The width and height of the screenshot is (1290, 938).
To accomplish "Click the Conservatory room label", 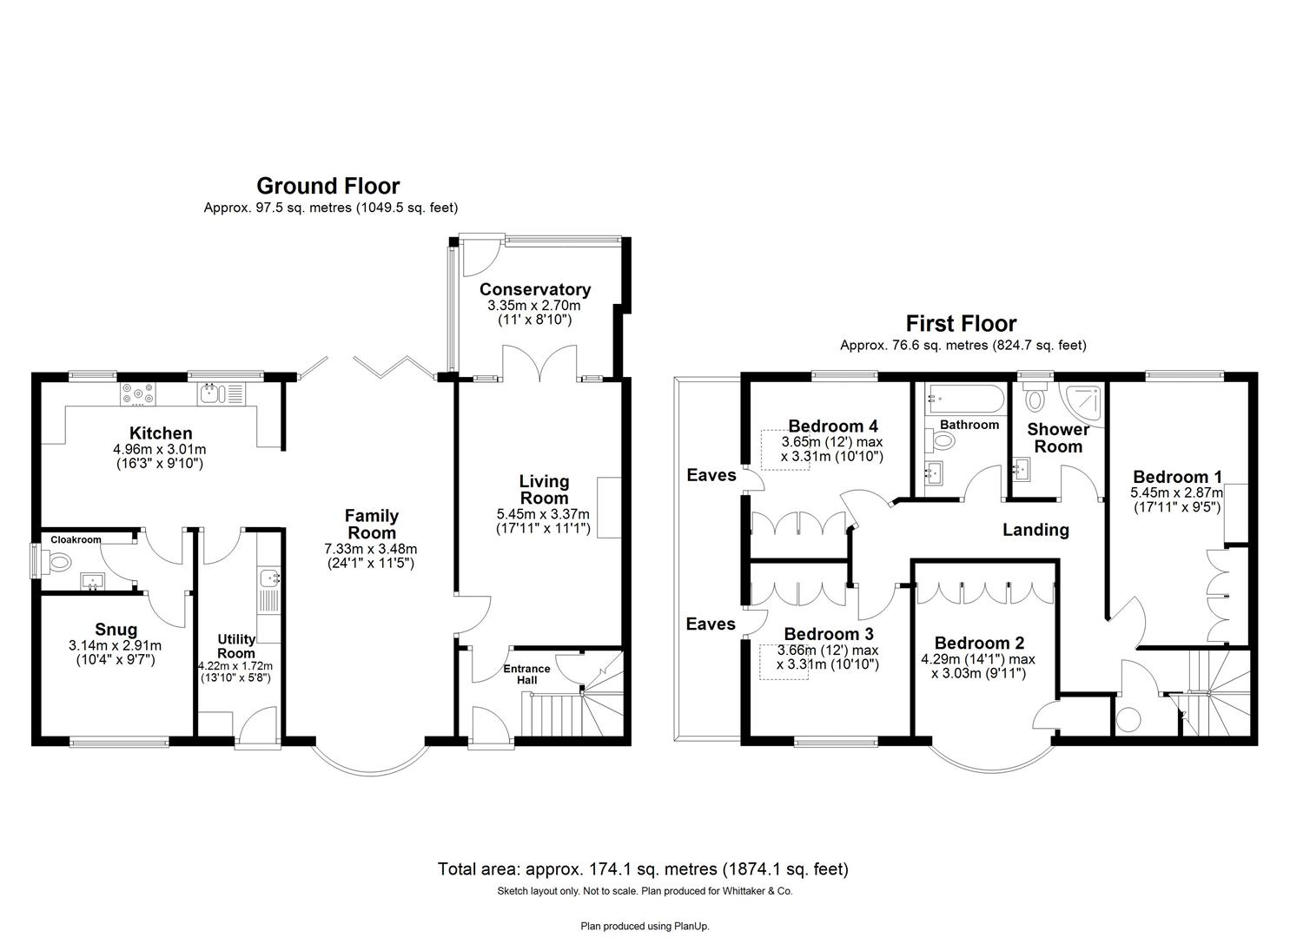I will (534, 289).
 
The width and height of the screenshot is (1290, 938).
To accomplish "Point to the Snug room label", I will (116, 630).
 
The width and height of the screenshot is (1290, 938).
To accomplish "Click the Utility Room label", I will (236, 646).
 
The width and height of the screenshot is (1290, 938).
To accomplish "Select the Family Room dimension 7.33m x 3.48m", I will (371, 549).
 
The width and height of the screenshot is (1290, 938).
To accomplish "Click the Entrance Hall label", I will (526, 674).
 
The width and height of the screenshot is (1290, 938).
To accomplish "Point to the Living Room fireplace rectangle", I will (609, 507).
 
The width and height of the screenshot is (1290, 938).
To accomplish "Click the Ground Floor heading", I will (328, 186).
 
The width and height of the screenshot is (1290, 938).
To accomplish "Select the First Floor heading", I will (961, 324).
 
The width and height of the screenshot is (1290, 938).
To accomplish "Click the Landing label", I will (1035, 530).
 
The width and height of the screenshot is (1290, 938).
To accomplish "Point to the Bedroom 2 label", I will (979, 643).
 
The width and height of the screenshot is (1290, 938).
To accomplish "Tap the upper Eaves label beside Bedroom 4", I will (711, 475).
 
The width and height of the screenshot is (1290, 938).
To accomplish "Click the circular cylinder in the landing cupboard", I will (1128, 721).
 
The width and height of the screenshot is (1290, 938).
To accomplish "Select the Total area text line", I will (643, 869).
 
